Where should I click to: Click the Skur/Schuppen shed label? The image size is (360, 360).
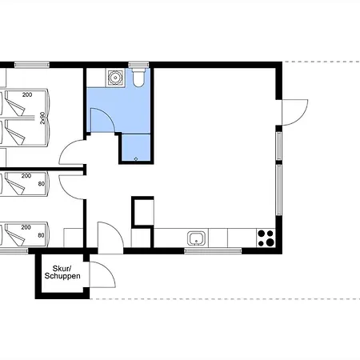tap(62, 272)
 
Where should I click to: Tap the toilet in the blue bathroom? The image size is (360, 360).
tap(138, 78)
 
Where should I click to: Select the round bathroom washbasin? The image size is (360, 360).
tap(115, 78)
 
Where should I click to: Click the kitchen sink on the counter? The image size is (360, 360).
tap(196, 238)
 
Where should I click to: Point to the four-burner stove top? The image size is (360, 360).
tap(266, 238)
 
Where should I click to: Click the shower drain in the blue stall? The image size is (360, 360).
tap(136, 159)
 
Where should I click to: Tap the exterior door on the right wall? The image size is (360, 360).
tap(295, 112)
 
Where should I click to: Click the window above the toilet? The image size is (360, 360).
tap(138, 65)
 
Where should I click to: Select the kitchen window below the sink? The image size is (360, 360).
tap(213, 250)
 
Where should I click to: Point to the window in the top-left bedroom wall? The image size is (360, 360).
tap(32, 65)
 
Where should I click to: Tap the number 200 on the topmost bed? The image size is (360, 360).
tap(27, 94)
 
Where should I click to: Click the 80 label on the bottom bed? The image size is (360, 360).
tap(41, 235)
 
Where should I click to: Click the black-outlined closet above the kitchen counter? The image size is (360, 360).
tap(142, 212)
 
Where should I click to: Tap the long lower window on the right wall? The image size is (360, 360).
tap(278, 190)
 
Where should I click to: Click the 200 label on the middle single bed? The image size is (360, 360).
tap(26, 176)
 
